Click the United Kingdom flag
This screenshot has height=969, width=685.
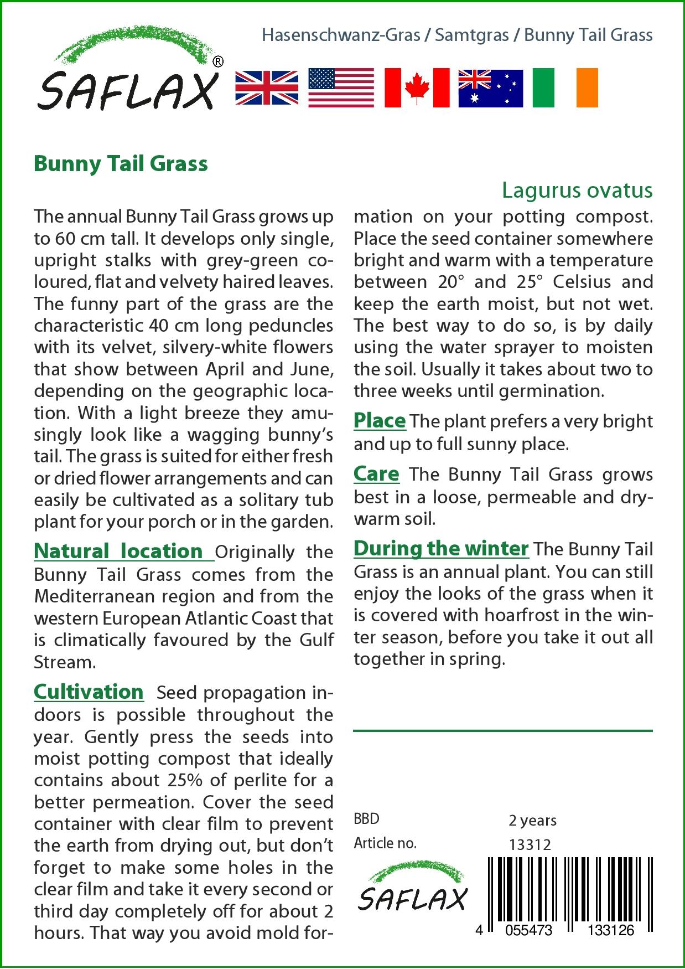point(267,87)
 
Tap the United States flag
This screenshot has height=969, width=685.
point(341,87)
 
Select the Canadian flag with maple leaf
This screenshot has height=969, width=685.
point(416,87)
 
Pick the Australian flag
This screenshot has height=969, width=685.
point(490,87)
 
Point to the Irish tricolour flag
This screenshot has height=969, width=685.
point(565,87)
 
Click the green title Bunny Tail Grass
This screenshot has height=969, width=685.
point(121,164)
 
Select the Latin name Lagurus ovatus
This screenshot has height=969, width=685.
point(577,190)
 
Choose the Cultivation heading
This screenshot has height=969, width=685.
point(89,692)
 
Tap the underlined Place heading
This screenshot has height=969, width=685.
point(380,420)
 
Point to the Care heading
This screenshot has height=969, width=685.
point(376,474)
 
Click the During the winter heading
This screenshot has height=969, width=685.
point(441,548)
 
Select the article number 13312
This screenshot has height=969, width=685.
point(530,844)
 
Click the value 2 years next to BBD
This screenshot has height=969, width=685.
point(532,820)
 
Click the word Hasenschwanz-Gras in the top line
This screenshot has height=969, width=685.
point(340,35)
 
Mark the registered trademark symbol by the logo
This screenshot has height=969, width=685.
point(218,62)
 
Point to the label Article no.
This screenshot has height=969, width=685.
point(385,844)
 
